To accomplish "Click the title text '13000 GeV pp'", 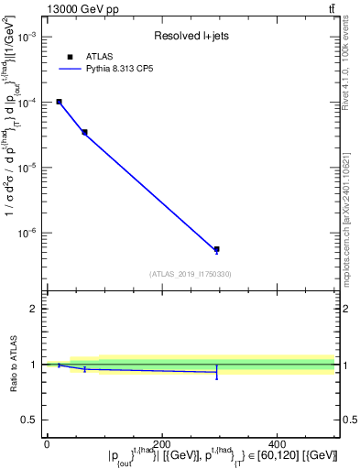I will [x=79, y=9].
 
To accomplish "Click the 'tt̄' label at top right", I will [x=330, y=9].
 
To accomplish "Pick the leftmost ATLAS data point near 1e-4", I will [x=59, y=102].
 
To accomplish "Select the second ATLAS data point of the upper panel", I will [x=84, y=132].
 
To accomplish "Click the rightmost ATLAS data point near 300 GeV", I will [x=216, y=249].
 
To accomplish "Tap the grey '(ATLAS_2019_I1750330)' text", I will [x=190, y=274].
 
